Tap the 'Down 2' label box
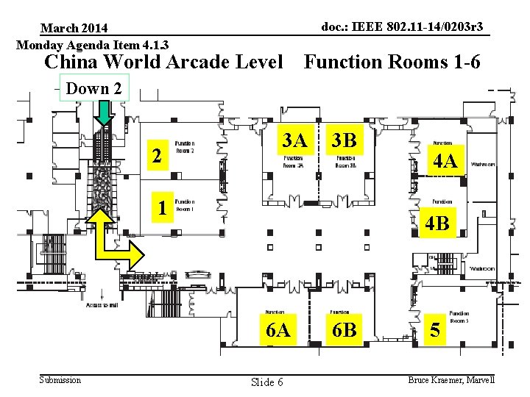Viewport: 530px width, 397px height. (93, 89)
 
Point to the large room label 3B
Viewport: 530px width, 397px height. (344, 140)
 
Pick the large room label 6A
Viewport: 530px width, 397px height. (278, 330)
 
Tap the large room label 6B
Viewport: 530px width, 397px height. (344, 330)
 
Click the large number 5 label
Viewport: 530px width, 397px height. (436, 331)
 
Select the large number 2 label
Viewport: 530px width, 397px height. (155, 156)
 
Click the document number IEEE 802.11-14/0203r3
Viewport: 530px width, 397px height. (403, 27)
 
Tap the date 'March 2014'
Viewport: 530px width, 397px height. (74, 28)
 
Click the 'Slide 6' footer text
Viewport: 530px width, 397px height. (266, 382)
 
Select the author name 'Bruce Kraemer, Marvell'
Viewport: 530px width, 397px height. (451, 379)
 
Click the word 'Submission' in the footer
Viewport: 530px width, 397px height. (60, 379)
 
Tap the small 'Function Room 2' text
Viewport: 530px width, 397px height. (184, 147)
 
